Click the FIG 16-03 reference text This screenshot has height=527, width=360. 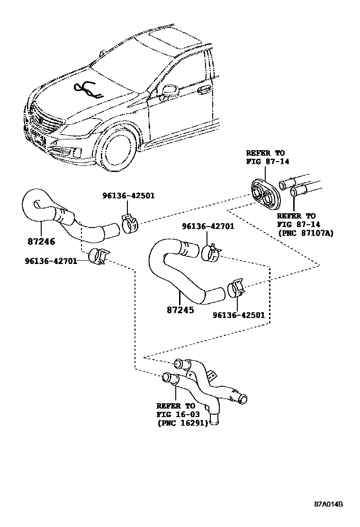175,415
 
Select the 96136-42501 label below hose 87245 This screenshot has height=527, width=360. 238,315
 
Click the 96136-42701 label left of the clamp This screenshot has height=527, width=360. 52,260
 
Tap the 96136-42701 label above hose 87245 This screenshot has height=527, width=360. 208,227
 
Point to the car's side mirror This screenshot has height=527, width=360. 169,91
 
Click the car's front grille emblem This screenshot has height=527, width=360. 38,119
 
